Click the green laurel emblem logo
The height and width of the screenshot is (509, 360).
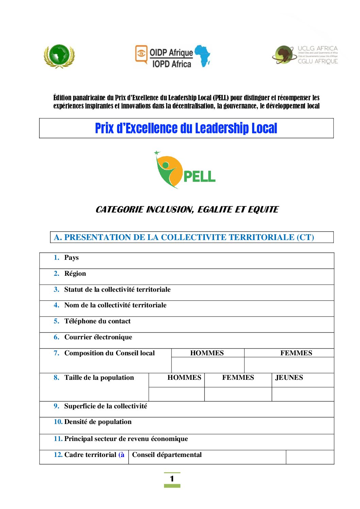coord(59,56)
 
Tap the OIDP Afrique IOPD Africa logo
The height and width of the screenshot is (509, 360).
coord(173,56)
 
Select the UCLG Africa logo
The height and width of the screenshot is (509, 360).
coord(305,55)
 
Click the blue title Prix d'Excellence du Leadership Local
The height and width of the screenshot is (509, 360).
coord(186,129)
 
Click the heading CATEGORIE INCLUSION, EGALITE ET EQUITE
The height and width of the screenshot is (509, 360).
coord(187,209)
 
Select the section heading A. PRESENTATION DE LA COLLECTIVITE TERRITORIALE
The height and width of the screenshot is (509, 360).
coord(184,237)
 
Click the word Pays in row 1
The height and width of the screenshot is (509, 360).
coord(71,258)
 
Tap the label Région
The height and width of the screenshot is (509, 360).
coord(75,274)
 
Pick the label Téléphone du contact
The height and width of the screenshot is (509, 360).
coord(97,321)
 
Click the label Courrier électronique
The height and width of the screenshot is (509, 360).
coord(98,337)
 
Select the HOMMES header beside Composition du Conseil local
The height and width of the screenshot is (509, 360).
coord(207,353)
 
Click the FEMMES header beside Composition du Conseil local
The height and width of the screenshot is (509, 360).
coord(296,353)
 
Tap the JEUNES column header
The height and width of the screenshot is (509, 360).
coord(289,378)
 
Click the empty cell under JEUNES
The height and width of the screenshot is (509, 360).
coord(302,394)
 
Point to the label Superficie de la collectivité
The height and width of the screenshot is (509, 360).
coord(105,406)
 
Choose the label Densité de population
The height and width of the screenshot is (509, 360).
coord(98,422)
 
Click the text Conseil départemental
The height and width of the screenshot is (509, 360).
coord(167,455)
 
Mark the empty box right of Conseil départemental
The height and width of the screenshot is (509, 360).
coord(310,457)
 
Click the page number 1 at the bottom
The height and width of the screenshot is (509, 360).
coord(172,479)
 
